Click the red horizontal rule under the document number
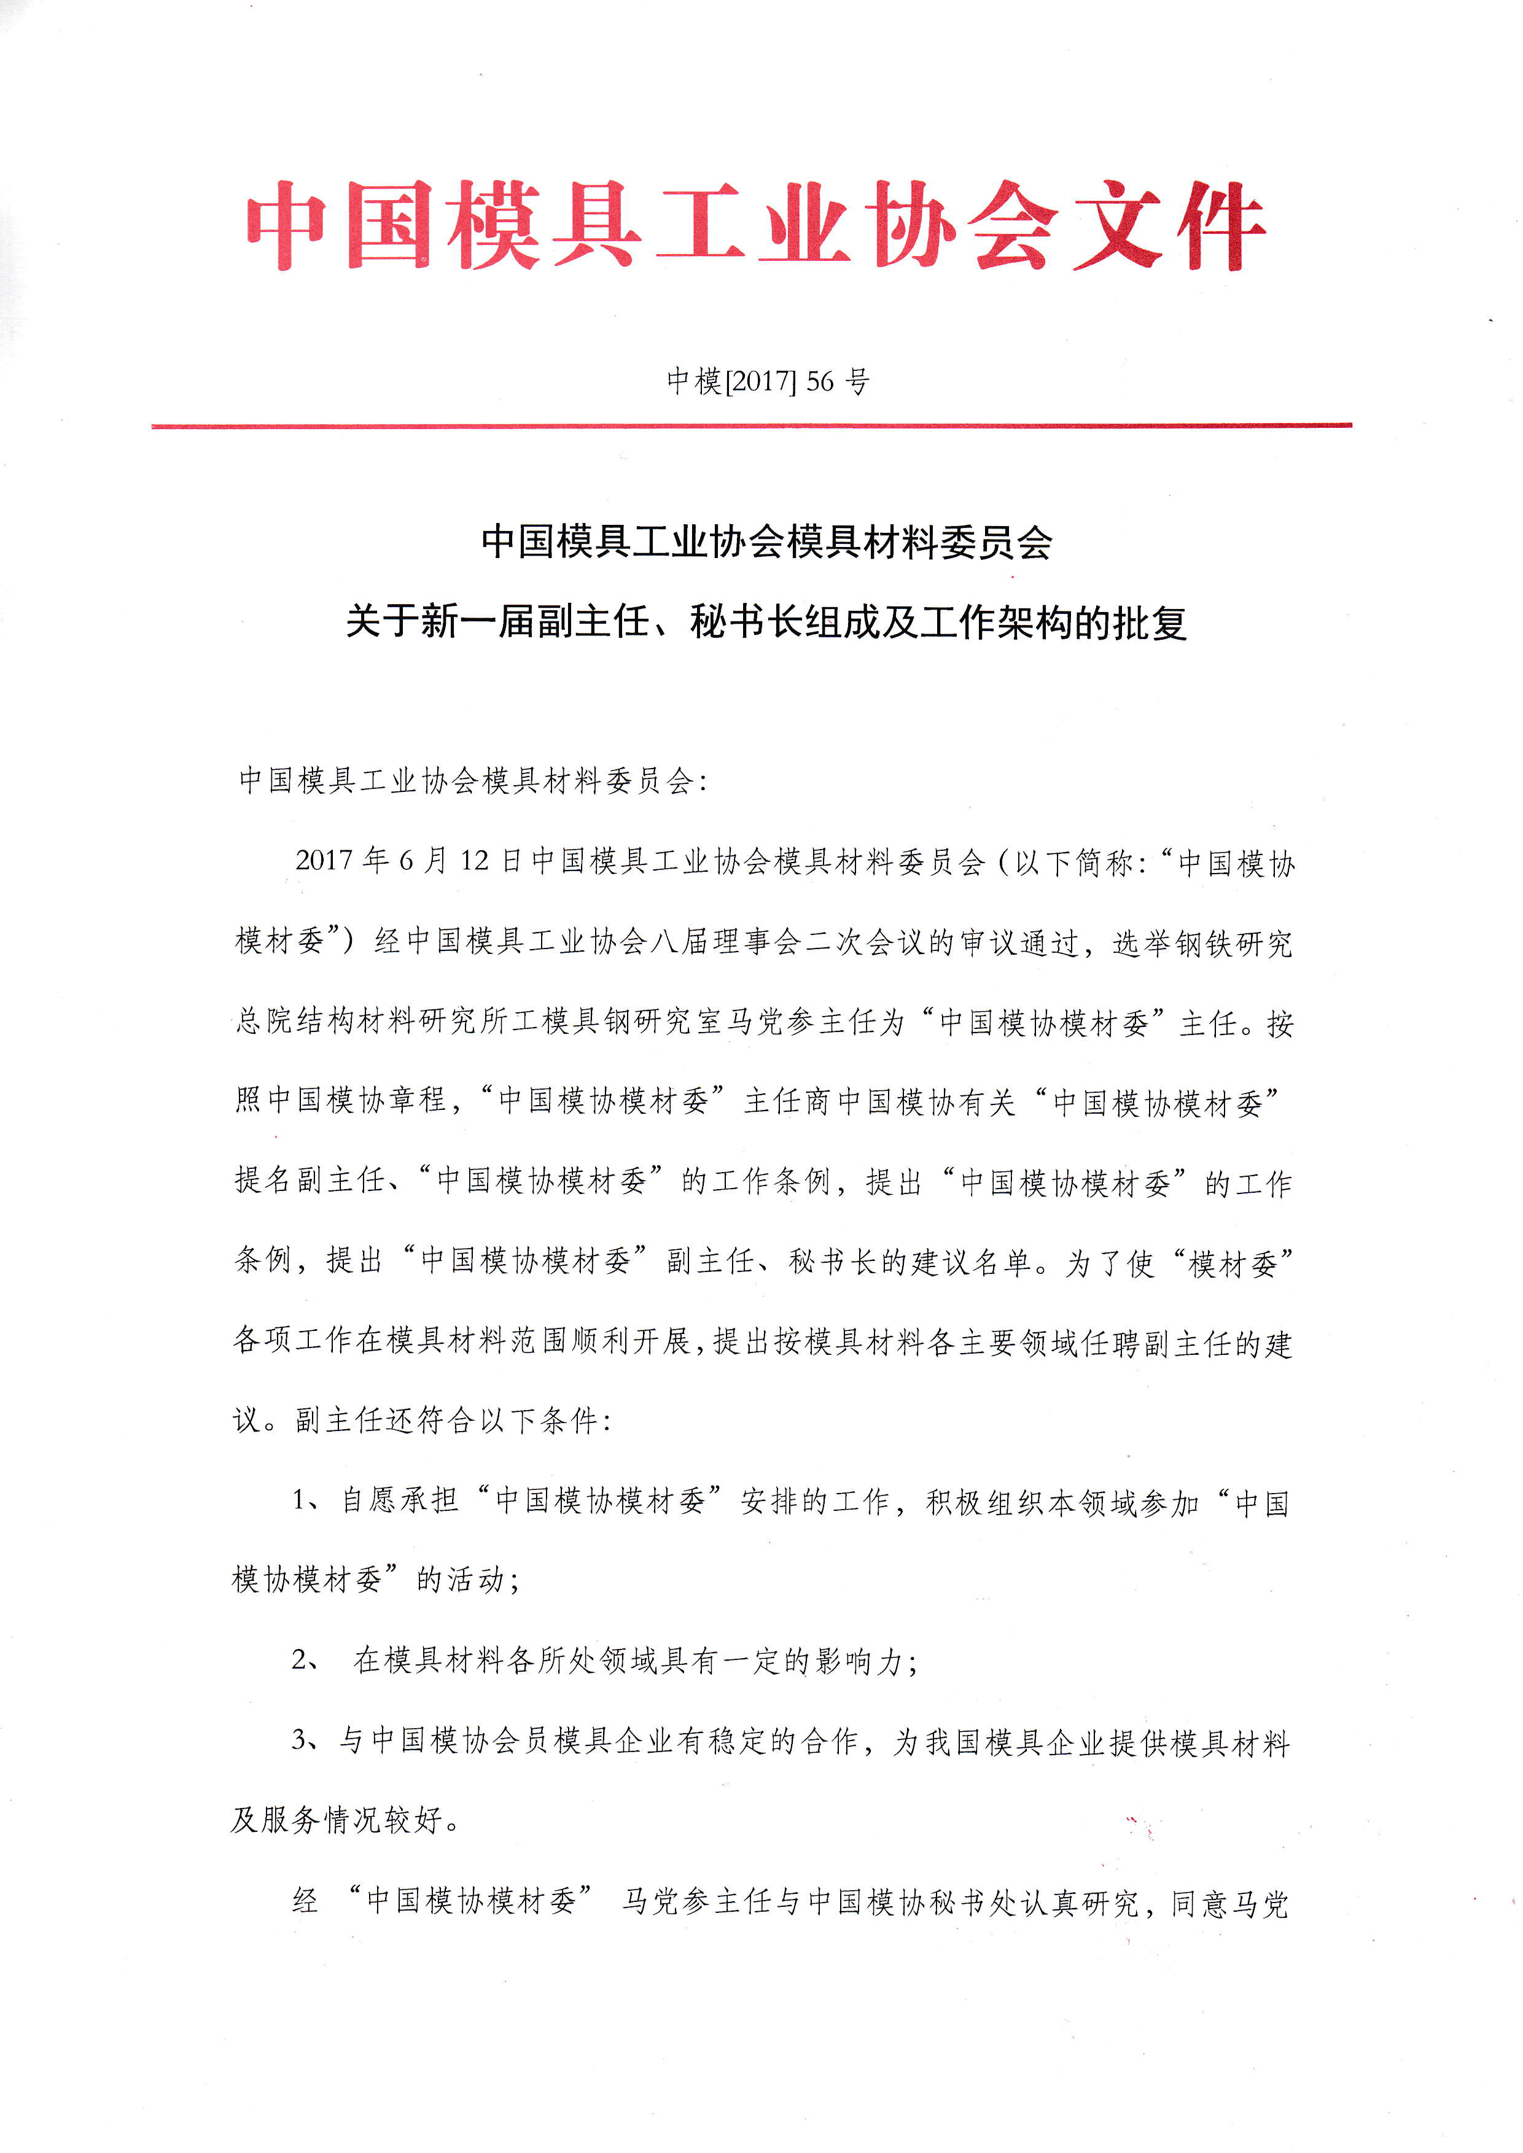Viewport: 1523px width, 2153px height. pos(750,425)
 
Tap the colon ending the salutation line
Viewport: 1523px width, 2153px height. pos(703,781)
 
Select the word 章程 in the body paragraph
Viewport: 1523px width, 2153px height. pos(418,1101)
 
